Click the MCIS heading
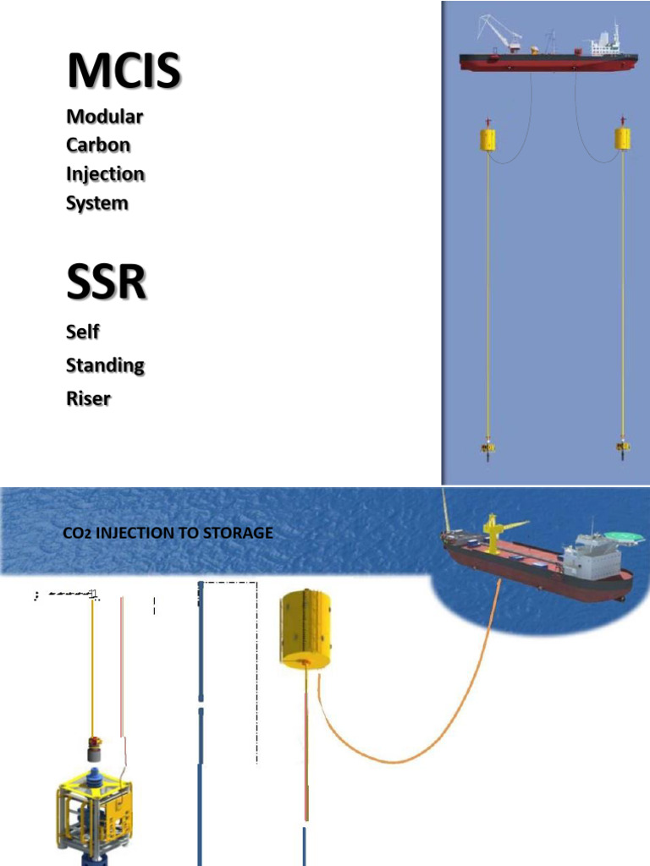[123, 71]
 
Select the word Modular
[104, 116]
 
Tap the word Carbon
[98, 145]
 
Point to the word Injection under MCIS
[105, 174]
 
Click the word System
[97, 203]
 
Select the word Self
[83, 332]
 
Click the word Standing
[105, 365]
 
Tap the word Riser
[88, 398]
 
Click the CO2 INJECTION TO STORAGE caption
[168, 533]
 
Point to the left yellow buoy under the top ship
[487, 139]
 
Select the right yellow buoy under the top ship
[623, 139]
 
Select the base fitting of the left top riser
[487, 446]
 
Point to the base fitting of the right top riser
[623, 446]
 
